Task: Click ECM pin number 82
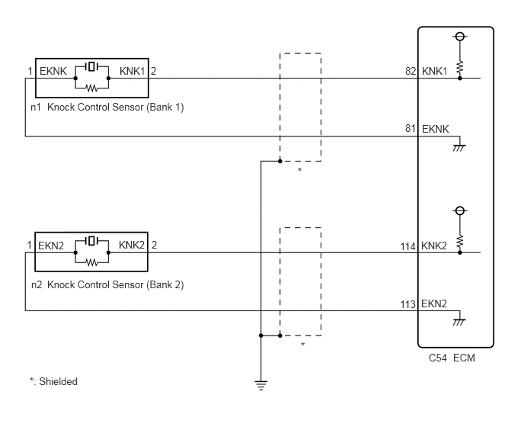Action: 411,71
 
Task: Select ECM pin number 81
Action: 411,129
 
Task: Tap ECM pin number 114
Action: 407,246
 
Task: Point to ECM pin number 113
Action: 407,304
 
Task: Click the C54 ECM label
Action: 452,358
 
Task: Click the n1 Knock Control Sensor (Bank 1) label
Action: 107,107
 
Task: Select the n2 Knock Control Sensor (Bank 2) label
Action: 107,284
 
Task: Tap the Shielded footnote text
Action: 53,381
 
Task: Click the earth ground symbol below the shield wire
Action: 260,386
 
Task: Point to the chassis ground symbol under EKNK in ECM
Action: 459,148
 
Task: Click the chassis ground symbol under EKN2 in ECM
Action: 459,322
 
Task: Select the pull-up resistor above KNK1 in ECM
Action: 460,67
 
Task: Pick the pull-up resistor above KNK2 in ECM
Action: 460,241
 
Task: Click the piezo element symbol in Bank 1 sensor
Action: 91,66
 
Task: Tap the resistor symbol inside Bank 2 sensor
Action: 91,262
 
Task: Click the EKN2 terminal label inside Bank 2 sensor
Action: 51,246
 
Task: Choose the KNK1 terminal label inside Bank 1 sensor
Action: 133,71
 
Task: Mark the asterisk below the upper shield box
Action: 300,170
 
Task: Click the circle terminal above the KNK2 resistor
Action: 460,210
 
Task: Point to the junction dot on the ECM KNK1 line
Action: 460,79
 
